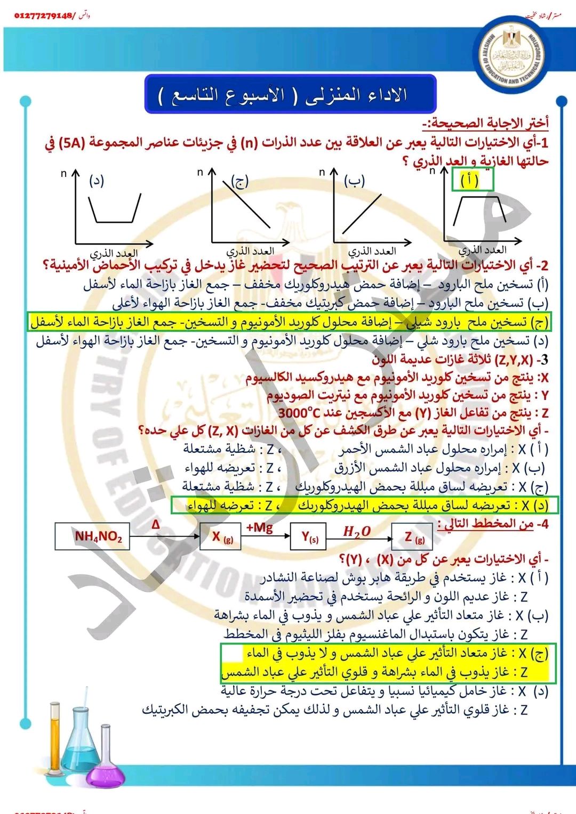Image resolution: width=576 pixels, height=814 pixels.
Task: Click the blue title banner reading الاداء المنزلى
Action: (x=291, y=94)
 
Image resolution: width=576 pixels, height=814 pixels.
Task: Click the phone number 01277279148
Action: (x=44, y=15)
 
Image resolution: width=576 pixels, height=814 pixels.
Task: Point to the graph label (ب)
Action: (x=354, y=181)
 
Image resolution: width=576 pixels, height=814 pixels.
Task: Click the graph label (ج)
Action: (x=239, y=181)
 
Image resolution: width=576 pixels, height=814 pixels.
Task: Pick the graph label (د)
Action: (x=97, y=180)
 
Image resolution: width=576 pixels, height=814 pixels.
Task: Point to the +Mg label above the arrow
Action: (x=259, y=527)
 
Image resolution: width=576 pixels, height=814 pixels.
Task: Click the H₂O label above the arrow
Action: (x=357, y=531)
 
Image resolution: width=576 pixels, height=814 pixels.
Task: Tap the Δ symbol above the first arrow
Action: (x=155, y=525)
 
